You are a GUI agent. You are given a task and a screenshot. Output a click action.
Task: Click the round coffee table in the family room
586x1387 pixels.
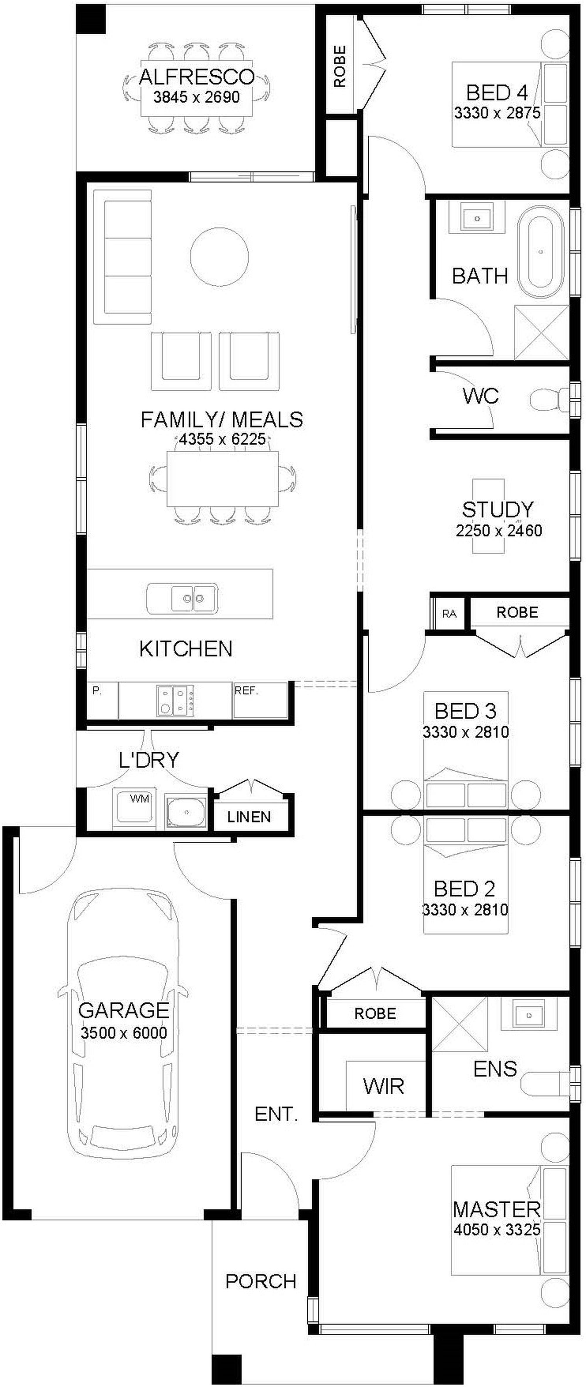point(219,257)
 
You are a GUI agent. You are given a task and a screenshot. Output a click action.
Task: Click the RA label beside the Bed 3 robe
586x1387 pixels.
point(449,614)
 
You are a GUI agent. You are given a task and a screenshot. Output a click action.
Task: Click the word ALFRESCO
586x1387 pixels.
point(196,77)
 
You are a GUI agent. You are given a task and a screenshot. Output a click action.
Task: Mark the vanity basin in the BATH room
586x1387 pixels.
point(477,218)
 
